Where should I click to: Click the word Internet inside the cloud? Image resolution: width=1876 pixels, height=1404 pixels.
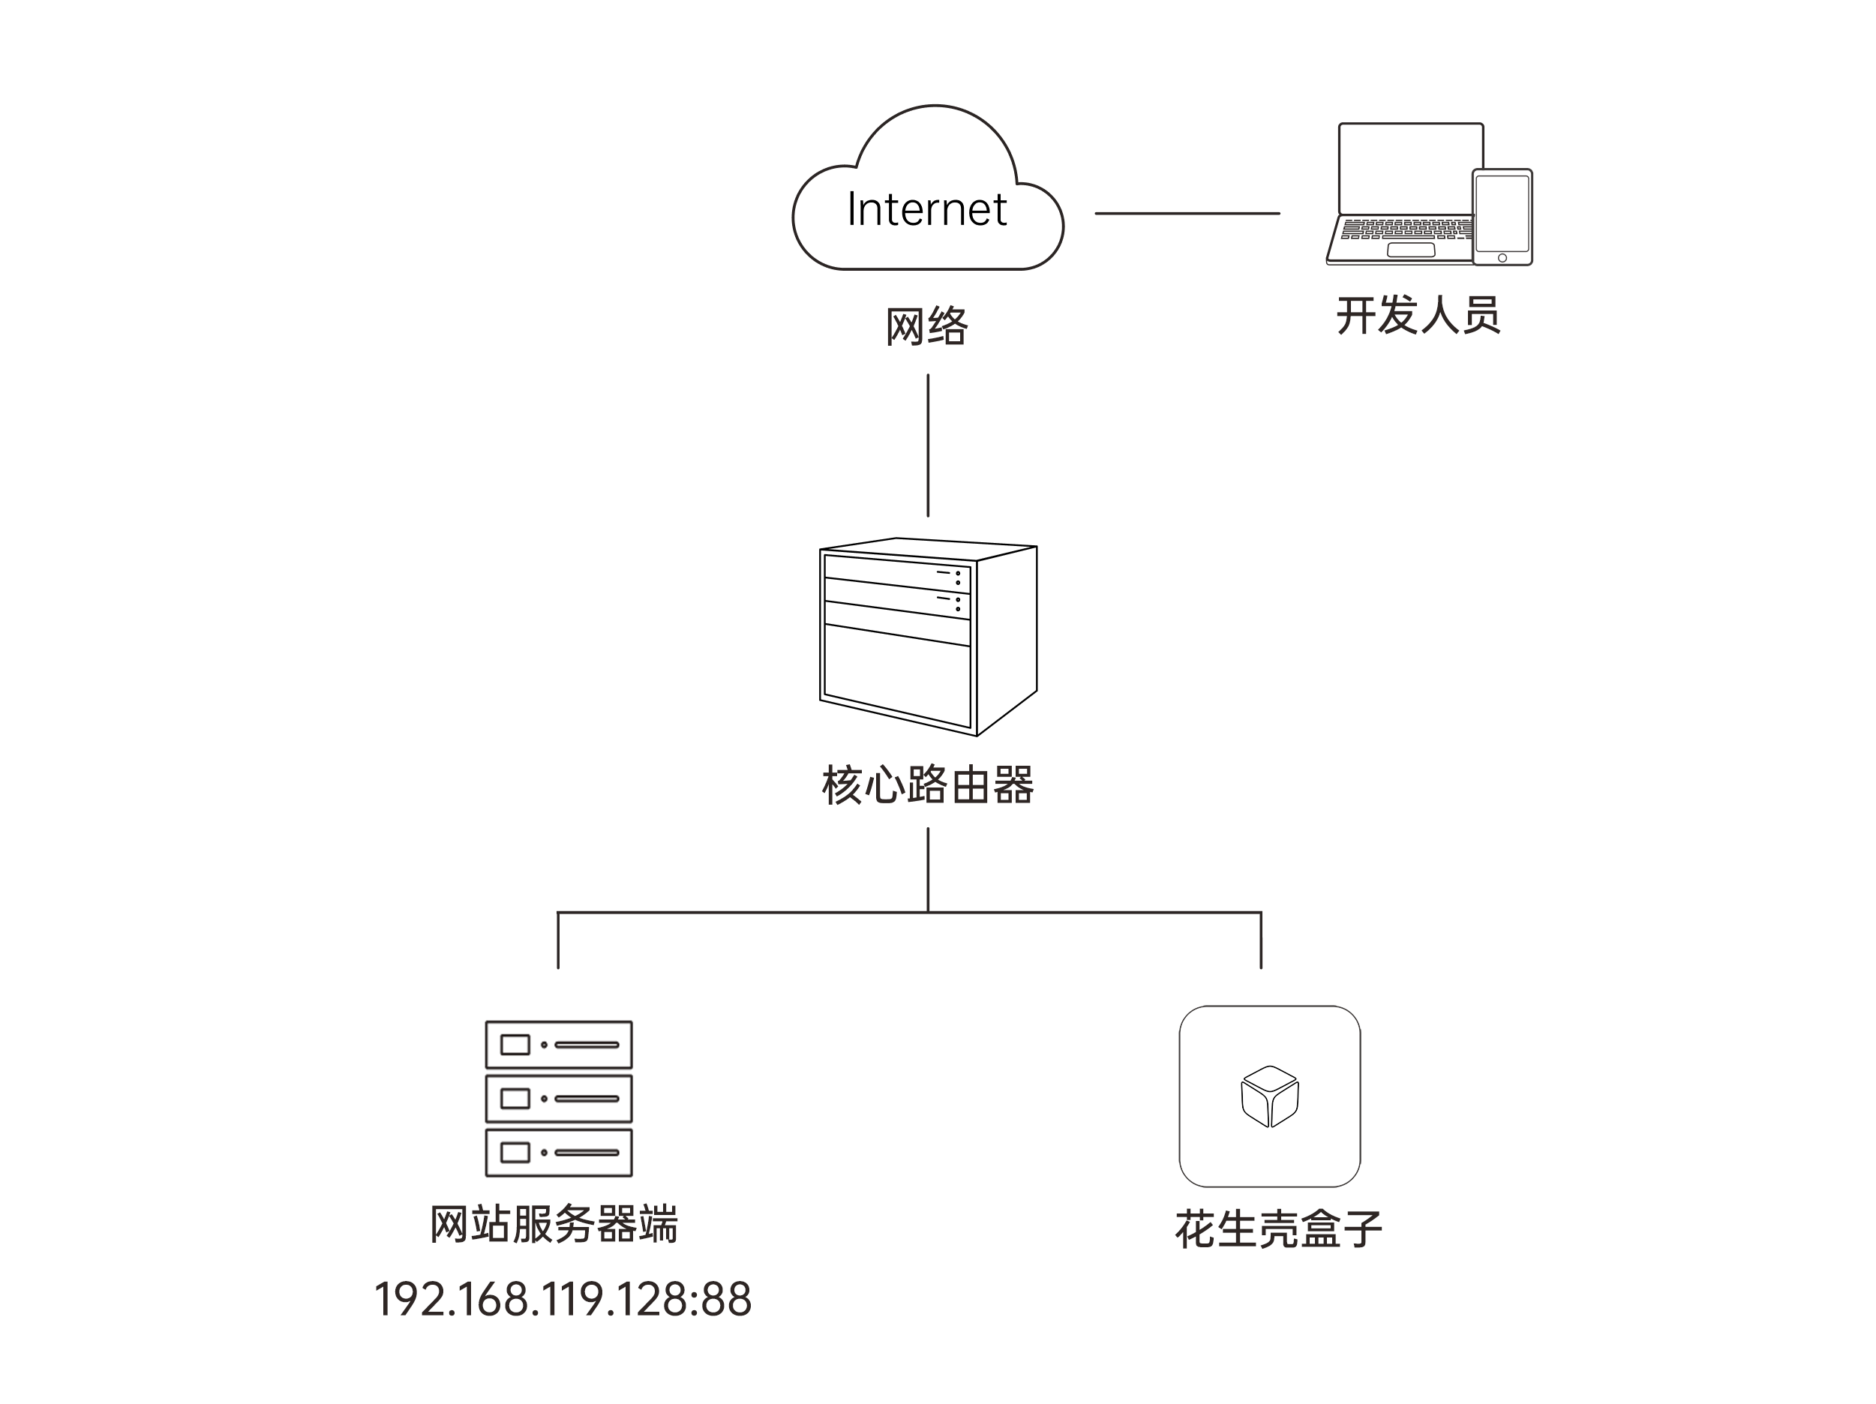(926, 209)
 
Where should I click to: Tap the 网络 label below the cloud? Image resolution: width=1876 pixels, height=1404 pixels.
(926, 326)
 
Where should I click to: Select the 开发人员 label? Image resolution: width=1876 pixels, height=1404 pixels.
(1418, 316)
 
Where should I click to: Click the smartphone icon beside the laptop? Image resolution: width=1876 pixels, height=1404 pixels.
(1502, 217)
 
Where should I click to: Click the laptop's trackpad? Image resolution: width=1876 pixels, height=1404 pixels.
(1410, 250)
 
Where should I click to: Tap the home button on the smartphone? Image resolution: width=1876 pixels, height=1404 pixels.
(1502, 258)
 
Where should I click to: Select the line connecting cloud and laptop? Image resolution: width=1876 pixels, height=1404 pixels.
(1187, 214)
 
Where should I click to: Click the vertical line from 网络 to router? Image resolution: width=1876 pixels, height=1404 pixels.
(928, 445)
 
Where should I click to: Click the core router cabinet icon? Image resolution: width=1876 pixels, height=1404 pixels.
(927, 636)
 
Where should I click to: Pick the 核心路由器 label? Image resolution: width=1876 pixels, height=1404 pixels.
(927, 785)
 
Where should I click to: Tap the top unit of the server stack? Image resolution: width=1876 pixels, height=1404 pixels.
(558, 1045)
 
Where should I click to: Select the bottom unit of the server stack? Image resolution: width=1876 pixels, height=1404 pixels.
(558, 1152)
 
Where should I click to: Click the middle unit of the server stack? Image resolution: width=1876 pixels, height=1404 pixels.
(558, 1099)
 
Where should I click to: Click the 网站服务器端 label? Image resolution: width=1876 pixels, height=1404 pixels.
(554, 1224)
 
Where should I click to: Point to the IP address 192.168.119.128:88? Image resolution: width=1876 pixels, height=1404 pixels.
(563, 1299)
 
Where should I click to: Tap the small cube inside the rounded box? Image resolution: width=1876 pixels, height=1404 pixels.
(1270, 1096)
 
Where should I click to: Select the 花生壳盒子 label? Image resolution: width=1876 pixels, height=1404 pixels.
(1278, 1229)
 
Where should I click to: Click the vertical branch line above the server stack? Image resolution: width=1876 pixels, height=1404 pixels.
(558, 941)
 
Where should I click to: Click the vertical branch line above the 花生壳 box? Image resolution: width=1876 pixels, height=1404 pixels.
(1261, 941)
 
